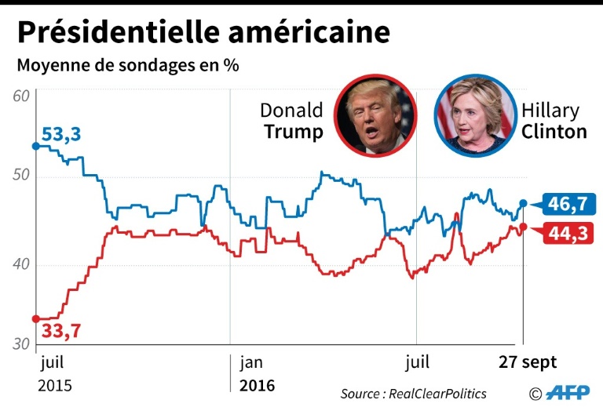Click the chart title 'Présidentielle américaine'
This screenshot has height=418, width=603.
(203, 32)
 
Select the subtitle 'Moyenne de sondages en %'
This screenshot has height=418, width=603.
(128, 66)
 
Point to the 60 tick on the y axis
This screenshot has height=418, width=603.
(21, 96)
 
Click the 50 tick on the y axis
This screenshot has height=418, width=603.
(21, 176)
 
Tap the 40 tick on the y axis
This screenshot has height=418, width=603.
(21, 265)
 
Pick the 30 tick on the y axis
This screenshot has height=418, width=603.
(21, 343)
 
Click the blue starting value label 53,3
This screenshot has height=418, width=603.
(61, 135)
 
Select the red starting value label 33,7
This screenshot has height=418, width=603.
(61, 331)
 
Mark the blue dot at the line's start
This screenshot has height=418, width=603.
(35, 146)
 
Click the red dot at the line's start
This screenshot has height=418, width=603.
(35, 318)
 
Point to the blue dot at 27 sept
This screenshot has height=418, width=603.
(524, 204)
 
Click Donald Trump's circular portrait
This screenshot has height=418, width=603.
(374, 116)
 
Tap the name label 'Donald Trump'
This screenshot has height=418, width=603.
(291, 121)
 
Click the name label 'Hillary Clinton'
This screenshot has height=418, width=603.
(554, 121)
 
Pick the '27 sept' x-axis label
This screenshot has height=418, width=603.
(528, 362)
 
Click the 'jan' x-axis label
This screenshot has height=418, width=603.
(252, 362)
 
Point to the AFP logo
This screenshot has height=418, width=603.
(568, 393)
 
